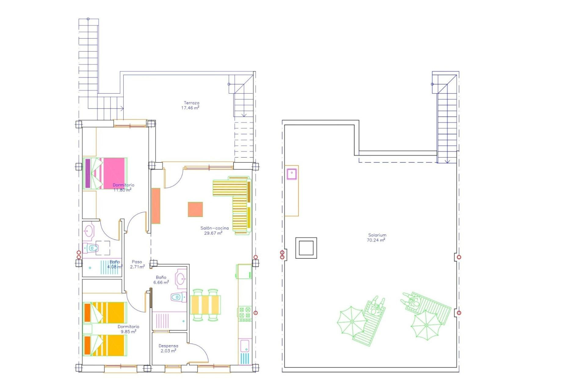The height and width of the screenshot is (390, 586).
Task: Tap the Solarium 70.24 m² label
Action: [377, 238]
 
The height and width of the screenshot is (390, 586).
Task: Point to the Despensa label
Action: [168, 348]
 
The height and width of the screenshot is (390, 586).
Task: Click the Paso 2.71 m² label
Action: [137, 264]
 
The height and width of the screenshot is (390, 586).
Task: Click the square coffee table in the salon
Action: [195, 210]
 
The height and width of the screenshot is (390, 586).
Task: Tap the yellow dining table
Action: [205, 305]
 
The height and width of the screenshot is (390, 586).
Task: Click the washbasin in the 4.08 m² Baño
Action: [89, 231]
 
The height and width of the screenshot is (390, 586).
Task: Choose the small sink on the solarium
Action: [292, 174]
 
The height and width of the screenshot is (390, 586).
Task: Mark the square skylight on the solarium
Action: [306, 248]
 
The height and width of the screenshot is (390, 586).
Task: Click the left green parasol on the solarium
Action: [352, 321]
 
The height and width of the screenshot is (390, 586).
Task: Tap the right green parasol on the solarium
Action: [426, 325]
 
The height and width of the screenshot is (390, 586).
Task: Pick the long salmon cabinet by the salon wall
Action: [156, 206]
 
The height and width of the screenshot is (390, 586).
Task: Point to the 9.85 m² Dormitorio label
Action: [128, 329]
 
